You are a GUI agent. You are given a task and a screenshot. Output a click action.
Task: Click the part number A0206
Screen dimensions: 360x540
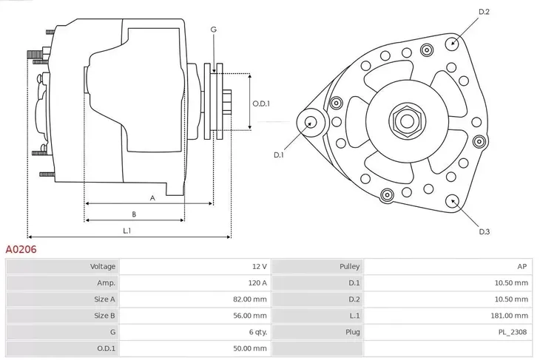point(21,250)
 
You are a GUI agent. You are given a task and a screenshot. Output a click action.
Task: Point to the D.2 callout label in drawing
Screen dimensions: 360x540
point(485,12)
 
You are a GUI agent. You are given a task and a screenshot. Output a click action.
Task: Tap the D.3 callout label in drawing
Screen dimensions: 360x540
point(485,231)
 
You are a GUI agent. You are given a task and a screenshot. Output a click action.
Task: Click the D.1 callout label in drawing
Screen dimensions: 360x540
point(279,154)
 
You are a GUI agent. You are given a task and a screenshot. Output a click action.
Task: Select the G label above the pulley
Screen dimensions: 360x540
point(213,30)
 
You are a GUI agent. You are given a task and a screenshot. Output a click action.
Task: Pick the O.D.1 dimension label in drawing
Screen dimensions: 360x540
point(260,103)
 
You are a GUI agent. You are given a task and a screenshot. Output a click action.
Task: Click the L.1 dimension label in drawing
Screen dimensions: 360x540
point(127,231)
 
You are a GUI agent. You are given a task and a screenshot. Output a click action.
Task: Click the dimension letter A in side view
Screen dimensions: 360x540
point(152,197)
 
